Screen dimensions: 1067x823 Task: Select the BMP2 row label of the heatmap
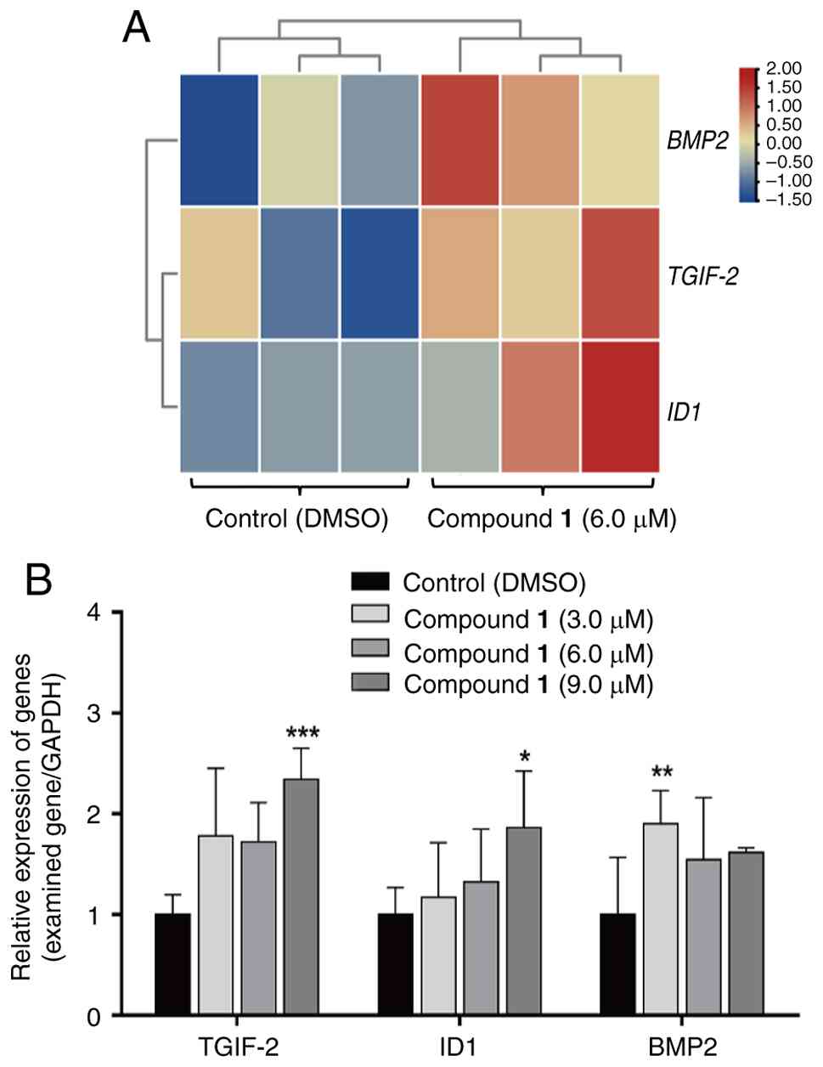point(697,141)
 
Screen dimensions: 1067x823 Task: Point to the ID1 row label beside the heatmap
point(685,415)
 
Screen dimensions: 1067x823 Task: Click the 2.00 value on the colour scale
point(783,68)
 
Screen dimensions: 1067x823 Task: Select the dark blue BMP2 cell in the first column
point(219,140)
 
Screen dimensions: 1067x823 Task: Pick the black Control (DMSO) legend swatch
point(369,582)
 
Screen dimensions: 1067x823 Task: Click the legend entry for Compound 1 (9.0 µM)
point(528,685)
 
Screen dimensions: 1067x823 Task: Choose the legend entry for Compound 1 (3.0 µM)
point(528,619)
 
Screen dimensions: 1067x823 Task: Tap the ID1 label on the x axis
point(459,1044)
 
